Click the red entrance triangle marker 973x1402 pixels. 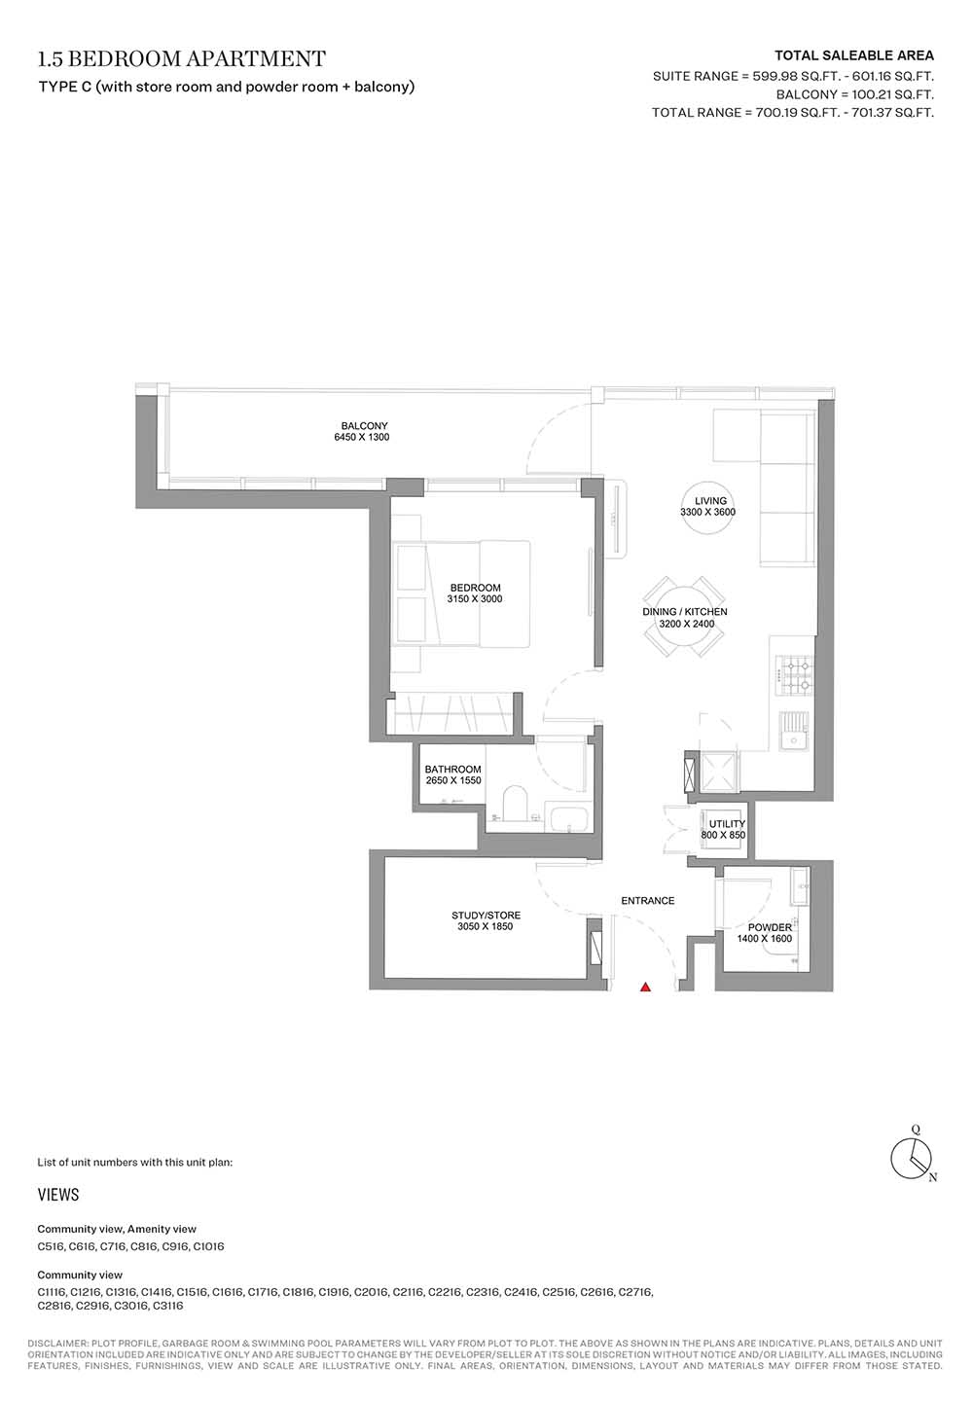pos(645,988)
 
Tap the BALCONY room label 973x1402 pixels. pos(365,425)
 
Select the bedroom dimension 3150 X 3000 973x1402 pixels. pos(475,599)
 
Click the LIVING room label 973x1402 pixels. pos(710,501)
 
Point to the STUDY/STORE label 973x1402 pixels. pos(486,916)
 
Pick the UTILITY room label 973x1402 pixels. pos(727,824)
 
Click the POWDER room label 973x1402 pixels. pos(771,927)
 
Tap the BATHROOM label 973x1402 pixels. pos(452,770)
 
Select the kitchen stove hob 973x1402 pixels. pos(795,676)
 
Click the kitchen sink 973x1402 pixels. pos(795,732)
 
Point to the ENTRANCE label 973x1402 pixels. pos(647,901)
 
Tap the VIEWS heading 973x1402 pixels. pos(58,1194)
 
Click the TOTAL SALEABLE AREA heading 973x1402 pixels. pos(854,55)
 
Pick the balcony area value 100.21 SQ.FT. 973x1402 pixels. pos(887,94)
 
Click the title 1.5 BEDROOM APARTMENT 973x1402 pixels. pos(182,58)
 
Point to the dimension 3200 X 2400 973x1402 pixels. pos(686,624)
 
